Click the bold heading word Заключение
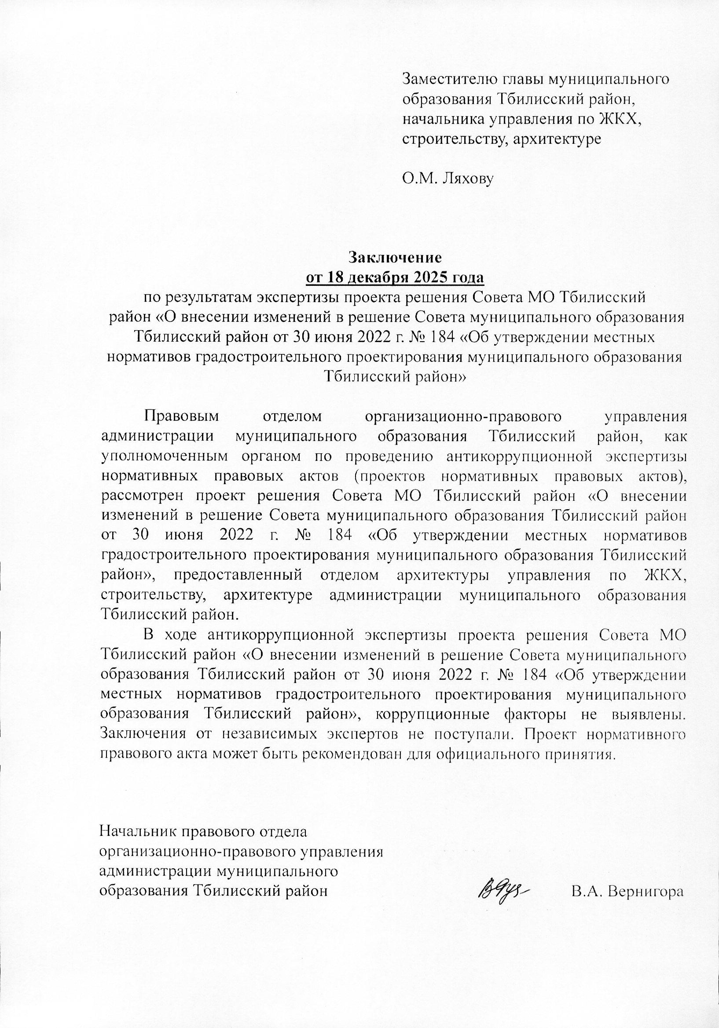pos(395,258)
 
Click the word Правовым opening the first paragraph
pos(181,416)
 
